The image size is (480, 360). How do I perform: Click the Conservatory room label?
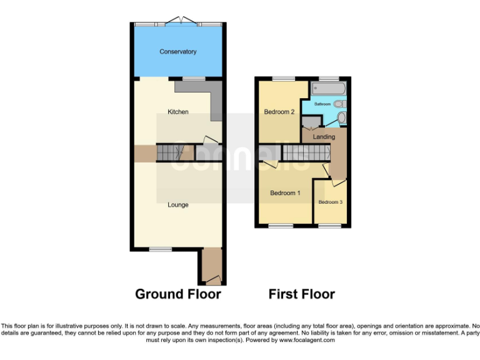[178, 52]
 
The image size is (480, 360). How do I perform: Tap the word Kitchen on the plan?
[178, 112]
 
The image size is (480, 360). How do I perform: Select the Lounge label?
[178, 204]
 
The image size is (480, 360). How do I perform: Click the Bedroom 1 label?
[285, 193]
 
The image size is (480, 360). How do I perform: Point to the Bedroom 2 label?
[279, 112]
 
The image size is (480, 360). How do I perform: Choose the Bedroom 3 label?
[331, 202]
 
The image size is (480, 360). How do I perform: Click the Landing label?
[324, 137]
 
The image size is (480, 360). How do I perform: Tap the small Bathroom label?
[322, 104]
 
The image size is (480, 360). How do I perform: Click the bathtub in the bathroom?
[327, 89]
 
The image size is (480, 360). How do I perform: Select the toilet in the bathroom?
[342, 119]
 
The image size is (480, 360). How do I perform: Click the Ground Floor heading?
[178, 294]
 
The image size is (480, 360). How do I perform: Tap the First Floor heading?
[302, 294]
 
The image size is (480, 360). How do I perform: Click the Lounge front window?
[161, 249]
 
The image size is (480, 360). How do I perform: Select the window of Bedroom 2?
[282, 79]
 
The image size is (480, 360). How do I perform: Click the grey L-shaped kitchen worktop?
[216, 100]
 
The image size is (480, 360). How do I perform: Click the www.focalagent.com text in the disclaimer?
[306, 341]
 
